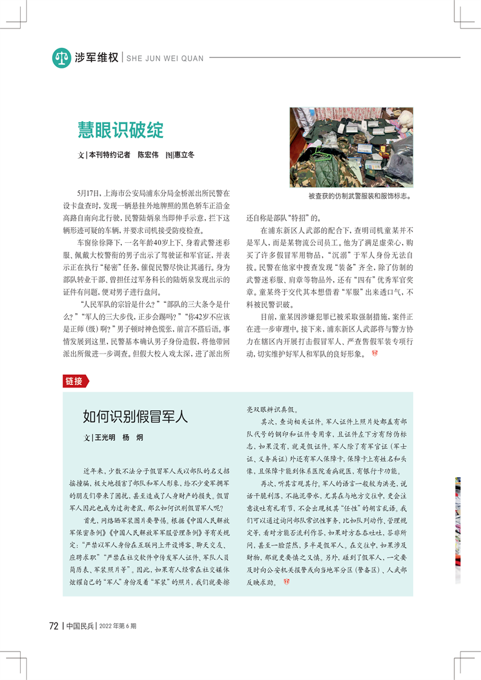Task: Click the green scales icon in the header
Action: tap(61, 58)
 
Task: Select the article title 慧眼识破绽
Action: tap(121, 130)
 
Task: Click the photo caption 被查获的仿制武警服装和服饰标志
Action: tap(359, 196)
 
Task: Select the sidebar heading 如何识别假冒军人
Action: tap(136, 417)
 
